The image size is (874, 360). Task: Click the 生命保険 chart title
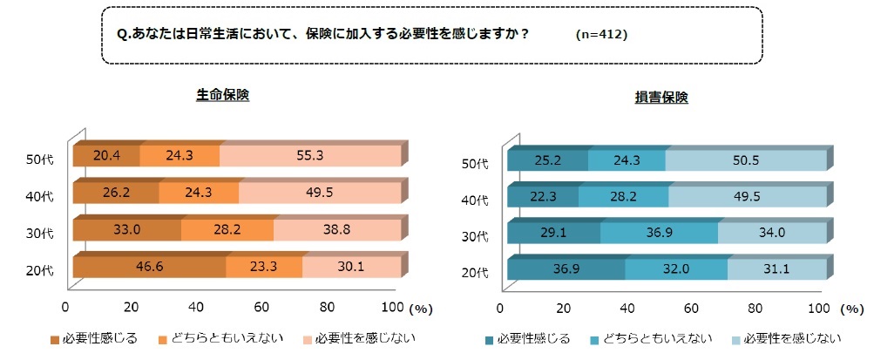(222, 95)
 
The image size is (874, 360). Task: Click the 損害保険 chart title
(661, 98)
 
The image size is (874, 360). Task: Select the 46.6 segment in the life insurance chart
(149, 267)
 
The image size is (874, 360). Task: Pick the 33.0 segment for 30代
(126, 230)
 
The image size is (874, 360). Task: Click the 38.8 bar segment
(336, 230)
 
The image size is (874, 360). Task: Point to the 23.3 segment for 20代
(263, 267)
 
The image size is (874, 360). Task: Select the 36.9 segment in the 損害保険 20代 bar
(566, 269)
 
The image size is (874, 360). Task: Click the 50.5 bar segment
(745, 161)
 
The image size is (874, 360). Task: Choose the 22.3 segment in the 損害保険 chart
(543, 197)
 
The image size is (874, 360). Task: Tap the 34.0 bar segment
(771, 233)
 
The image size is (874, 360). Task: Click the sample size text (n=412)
(601, 35)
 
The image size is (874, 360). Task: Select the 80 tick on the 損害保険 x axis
(755, 308)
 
